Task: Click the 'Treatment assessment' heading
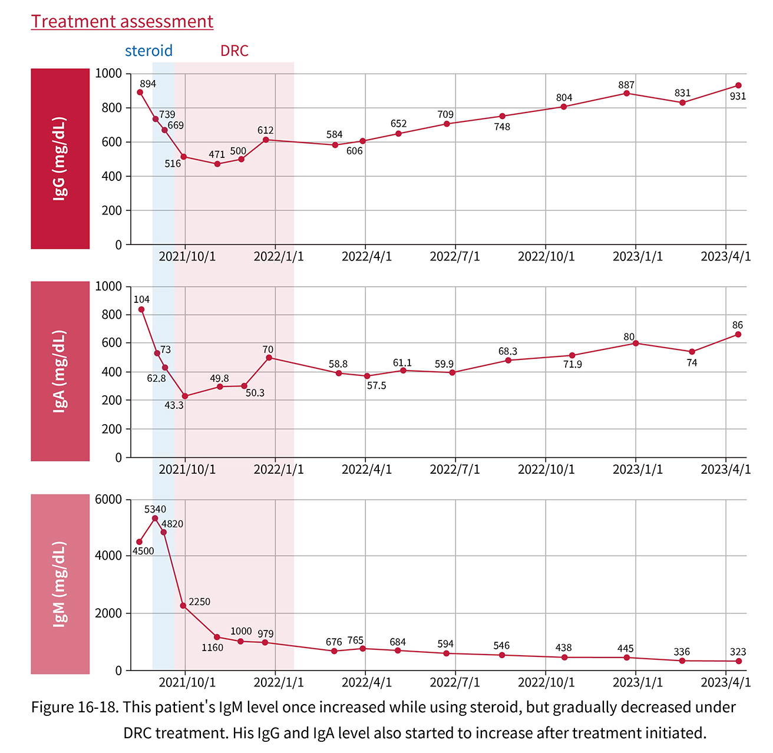pyautogui.click(x=122, y=22)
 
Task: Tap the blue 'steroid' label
pyautogui.click(x=148, y=51)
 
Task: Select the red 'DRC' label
pyautogui.click(x=234, y=51)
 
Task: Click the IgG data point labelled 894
pyautogui.click(x=140, y=92)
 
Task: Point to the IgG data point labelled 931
pyautogui.click(x=738, y=85)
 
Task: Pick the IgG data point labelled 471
pyautogui.click(x=217, y=164)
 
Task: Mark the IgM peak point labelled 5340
pyautogui.click(x=155, y=518)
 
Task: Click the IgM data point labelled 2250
pyautogui.click(x=183, y=606)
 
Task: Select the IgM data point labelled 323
pyautogui.click(x=739, y=661)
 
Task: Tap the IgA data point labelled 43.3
pyautogui.click(x=185, y=397)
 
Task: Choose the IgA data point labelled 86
pyautogui.click(x=738, y=335)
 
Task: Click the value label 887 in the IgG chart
pyautogui.click(x=626, y=85)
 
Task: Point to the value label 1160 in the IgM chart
pyautogui.click(x=212, y=648)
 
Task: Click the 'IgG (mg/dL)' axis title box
pyautogui.click(x=60, y=158)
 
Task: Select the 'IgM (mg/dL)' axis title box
pyautogui.click(x=60, y=584)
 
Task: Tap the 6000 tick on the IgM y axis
pyautogui.click(x=108, y=500)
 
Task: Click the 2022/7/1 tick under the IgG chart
pyautogui.click(x=455, y=257)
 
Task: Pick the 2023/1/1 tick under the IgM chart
pyautogui.click(x=637, y=682)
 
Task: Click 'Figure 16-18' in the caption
pyautogui.click(x=74, y=707)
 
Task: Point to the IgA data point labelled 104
pyautogui.click(x=141, y=309)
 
